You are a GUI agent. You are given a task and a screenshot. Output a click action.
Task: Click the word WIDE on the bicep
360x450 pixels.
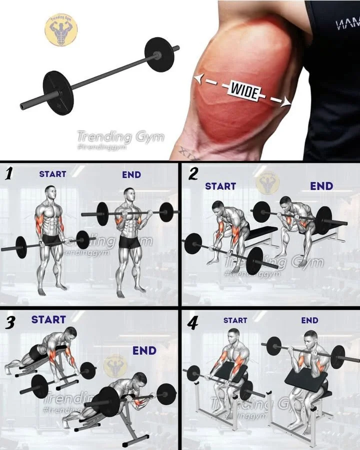244,91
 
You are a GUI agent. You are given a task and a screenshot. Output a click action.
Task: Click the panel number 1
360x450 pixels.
8,174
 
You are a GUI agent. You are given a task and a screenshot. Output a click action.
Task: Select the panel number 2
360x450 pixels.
193,174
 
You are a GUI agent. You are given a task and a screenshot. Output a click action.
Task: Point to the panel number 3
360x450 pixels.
9,322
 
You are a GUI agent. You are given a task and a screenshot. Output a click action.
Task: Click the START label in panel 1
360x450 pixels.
52,174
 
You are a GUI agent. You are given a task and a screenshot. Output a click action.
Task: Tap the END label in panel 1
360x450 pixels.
131,175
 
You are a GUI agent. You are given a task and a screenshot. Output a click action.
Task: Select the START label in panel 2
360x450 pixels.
220,186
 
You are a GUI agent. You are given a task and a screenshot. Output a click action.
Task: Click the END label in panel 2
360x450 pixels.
321,186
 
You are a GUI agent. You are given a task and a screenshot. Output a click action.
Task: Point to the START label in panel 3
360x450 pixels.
48,319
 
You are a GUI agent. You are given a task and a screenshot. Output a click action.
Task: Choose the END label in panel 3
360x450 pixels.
144,350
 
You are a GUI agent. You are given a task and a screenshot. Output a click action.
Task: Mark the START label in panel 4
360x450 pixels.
235,320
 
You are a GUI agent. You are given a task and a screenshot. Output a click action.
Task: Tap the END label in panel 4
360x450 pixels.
309,320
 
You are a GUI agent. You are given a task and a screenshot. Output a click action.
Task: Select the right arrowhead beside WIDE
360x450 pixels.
286,102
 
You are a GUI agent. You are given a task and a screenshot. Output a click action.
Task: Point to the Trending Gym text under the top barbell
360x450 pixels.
120,136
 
